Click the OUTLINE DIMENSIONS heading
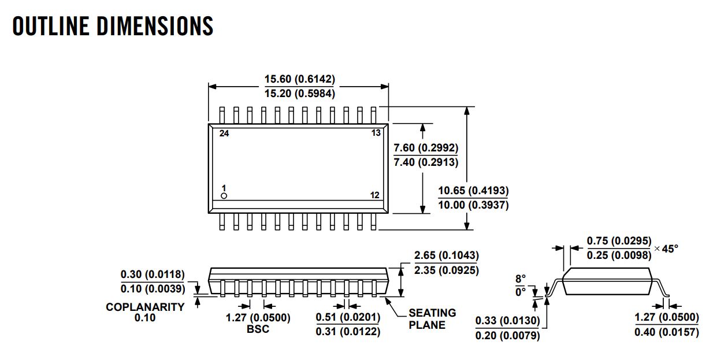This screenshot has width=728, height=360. [x=113, y=27]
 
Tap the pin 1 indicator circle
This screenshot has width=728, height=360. [x=224, y=196]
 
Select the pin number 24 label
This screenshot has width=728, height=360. [x=224, y=133]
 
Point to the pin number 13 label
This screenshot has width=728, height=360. [x=376, y=133]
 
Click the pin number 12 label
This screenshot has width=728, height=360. [x=375, y=195]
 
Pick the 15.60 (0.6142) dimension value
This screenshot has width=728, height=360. [x=300, y=79]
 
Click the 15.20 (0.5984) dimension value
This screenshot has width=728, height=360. [x=300, y=93]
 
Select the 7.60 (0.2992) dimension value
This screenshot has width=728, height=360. [x=426, y=149]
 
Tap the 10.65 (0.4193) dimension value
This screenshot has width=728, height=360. [x=473, y=191]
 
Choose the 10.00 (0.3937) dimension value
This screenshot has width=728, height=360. [x=473, y=205]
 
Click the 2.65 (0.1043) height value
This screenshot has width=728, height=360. [x=447, y=255]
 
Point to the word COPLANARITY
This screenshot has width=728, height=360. [x=145, y=307]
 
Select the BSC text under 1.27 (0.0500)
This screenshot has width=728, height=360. [x=258, y=329]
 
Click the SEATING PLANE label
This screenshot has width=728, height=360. [x=432, y=318]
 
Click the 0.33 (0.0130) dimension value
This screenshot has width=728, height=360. [x=507, y=321]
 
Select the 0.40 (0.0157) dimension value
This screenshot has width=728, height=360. [x=666, y=332]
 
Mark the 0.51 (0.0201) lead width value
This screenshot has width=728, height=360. [x=348, y=318]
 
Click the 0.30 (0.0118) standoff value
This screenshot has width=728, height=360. [x=153, y=274]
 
